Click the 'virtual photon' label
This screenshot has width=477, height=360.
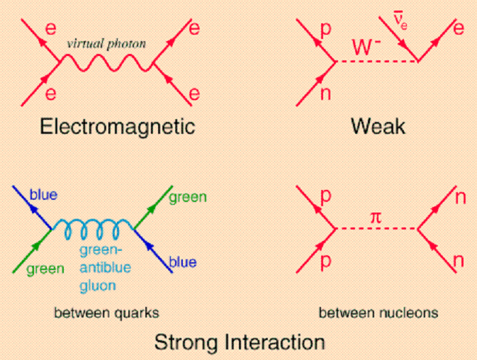click(106, 43)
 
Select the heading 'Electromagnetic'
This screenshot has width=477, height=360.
click(117, 127)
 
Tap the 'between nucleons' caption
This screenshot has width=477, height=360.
click(378, 312)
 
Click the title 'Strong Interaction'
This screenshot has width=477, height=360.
click(240, 343)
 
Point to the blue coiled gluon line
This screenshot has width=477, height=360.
click(92, 229)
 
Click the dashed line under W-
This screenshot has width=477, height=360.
click(376, 62)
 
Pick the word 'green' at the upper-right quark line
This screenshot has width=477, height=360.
click(188, 197)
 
